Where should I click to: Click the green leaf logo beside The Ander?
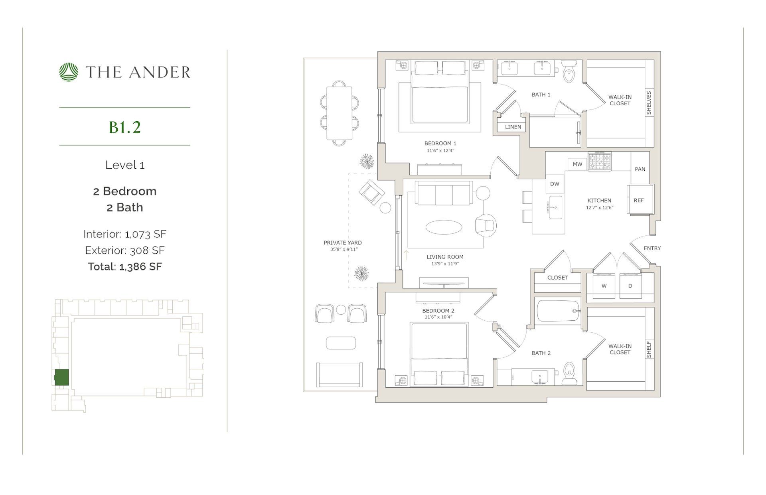69,72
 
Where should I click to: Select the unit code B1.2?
125,127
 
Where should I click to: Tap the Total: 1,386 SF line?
125,266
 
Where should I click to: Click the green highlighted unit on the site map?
61,377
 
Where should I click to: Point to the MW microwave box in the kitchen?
577,164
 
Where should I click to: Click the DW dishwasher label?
555,184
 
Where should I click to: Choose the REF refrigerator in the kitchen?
639,200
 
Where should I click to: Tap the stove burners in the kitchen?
599,162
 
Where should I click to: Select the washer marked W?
604,286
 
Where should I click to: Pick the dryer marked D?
630,286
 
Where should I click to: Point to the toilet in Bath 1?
569,72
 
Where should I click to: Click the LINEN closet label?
513,127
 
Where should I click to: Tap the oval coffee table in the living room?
444,227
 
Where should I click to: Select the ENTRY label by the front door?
652,248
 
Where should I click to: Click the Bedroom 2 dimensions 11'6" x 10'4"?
438,317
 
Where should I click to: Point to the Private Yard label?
343,243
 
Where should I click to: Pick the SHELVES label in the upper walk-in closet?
649,103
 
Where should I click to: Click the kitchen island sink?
555,207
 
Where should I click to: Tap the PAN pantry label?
640,169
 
